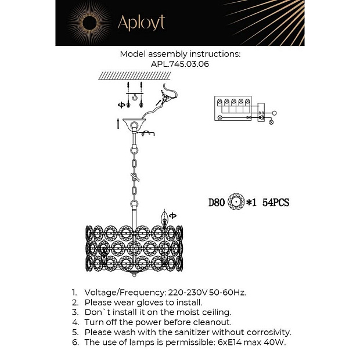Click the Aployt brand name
click(141, 23)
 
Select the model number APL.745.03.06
click(180, 64)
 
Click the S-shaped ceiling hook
click(134, 98)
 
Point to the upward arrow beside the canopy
click(118, 124)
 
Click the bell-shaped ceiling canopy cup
click(134, 124)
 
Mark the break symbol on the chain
click(135, 177)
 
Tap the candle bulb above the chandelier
click(164, 218)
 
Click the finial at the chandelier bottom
click(134, 274)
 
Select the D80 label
click(216, 203)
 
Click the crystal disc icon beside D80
click(236, 202)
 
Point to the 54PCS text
click(276, 203)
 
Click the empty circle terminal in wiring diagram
click(274, 113)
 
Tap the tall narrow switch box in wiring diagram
click(261, 112)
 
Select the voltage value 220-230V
click(188, 293)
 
